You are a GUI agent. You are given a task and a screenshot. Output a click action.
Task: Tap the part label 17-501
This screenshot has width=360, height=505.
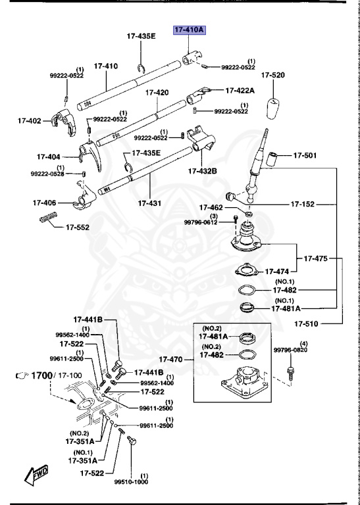pos(305,156)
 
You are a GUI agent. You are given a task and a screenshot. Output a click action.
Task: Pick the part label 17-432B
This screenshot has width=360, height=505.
pos(202,171)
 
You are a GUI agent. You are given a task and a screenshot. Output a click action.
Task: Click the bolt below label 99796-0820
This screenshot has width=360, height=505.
pos(289,373)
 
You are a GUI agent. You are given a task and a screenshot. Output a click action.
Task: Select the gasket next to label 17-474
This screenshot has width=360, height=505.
pos(245,270)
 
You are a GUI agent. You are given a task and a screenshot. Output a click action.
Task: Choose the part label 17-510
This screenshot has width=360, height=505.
pos(307,324)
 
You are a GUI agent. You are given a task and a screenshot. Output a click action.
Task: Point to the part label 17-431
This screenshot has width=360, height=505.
pos(151,203)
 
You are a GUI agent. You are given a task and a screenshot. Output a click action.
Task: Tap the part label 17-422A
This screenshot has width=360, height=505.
pos(241,90)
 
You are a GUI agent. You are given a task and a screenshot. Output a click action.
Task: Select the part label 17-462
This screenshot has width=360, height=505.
pos(212,207)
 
